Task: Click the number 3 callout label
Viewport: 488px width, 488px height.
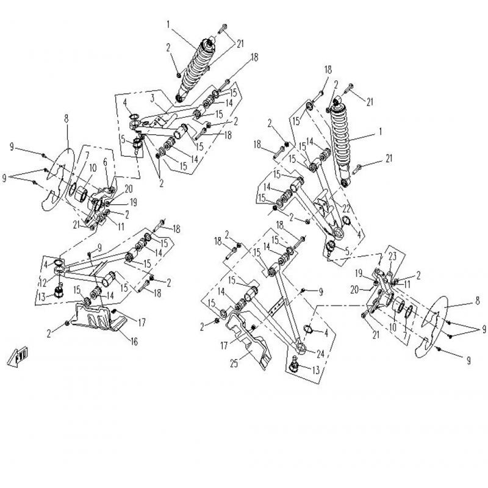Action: point(152,98)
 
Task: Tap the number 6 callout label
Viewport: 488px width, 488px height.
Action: point(105,162)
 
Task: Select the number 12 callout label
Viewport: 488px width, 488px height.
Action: point(43,282)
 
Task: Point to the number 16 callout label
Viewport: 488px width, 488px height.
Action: point(134,342)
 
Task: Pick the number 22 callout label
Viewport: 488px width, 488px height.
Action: point(346,209)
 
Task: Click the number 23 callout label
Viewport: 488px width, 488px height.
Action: point(392,256)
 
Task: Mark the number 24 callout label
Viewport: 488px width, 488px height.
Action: point(320,354)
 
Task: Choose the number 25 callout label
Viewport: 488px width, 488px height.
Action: point(234,363)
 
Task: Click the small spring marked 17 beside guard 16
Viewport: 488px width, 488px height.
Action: point(114,311)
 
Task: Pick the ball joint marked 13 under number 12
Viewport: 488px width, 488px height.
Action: point(59,292)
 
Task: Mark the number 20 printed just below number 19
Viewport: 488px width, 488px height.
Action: point(354,290)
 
